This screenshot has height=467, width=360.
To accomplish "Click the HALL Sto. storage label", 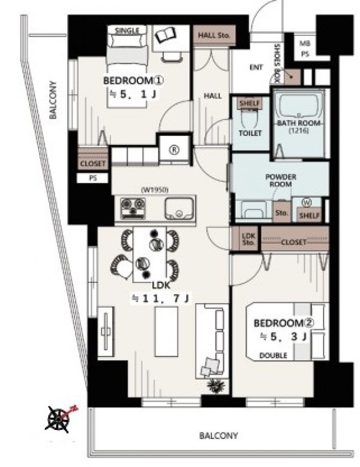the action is [214, 35].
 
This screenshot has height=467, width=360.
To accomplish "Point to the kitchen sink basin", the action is [179, 208].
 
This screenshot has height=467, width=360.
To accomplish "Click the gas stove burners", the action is [133, 208].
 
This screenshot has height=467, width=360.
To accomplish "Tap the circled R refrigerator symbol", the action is [174, 150].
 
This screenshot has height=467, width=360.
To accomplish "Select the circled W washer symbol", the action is [306, 203].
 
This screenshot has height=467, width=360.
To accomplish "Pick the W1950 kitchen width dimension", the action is [155, 190].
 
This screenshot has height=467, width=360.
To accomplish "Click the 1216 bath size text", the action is [299, 130].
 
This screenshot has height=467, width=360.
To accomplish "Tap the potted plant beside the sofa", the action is [216, 386].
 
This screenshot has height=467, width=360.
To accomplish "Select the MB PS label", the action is [305, 48].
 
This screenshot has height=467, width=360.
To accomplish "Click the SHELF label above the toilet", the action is [250, 104].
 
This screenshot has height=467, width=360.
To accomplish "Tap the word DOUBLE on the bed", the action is [273, 355].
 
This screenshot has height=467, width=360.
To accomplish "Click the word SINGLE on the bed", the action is [127, 31].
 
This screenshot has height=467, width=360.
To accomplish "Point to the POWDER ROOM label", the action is [281, 180].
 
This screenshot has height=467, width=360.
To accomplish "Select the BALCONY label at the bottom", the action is [218, 436].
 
